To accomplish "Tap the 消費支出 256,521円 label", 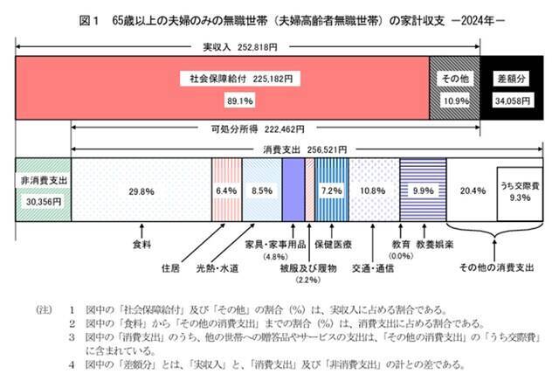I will pyautogui.click(x=303, y=149).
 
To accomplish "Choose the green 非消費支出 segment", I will pyautogui.click(x=43, y=189).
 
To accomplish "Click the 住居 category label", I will pyautogui.click(x=171, y=263).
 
